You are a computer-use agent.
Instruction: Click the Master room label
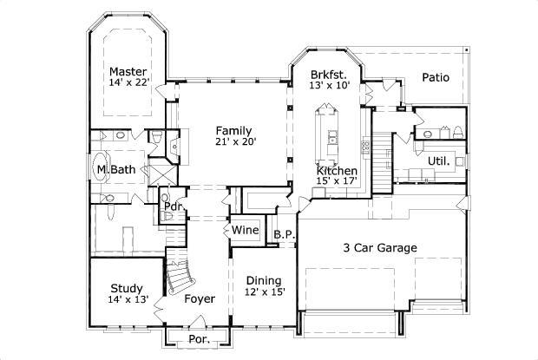pos(128,71)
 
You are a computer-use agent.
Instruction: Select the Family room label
pos(234,129)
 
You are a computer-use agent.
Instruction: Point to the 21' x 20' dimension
pos(235,141)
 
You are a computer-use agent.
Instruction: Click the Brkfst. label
pos(329,75)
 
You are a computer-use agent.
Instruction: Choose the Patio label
pos(435,77)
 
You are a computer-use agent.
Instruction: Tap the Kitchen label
pos(337,171)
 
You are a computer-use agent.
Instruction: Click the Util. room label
pos(438,161)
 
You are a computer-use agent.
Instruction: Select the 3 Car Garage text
pos(381,248)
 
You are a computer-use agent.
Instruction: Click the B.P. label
pos(283,234)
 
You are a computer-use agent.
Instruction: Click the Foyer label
pos(199,299)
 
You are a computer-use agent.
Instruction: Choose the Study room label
pos(127,288)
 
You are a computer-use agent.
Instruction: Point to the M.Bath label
pos(115,169)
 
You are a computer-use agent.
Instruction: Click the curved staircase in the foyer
pos(180,276)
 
